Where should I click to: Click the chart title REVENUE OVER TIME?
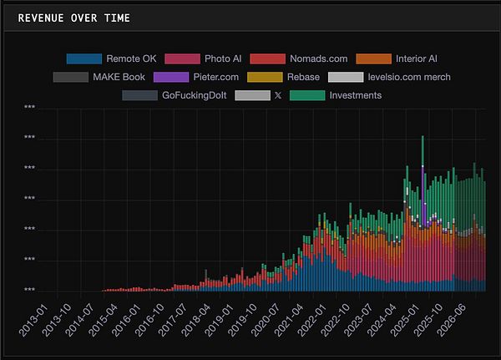(73, 18)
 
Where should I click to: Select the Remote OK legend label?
(131, 58)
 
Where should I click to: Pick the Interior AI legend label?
(417, 58)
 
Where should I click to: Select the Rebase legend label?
(302, 77)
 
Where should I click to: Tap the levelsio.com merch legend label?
(409, 77)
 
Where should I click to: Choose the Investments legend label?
(356, 95)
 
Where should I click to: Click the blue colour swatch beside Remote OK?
(83, 58)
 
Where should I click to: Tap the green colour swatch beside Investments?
(307, 95)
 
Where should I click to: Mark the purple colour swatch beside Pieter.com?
(171, 77)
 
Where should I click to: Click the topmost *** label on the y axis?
(30, 108)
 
